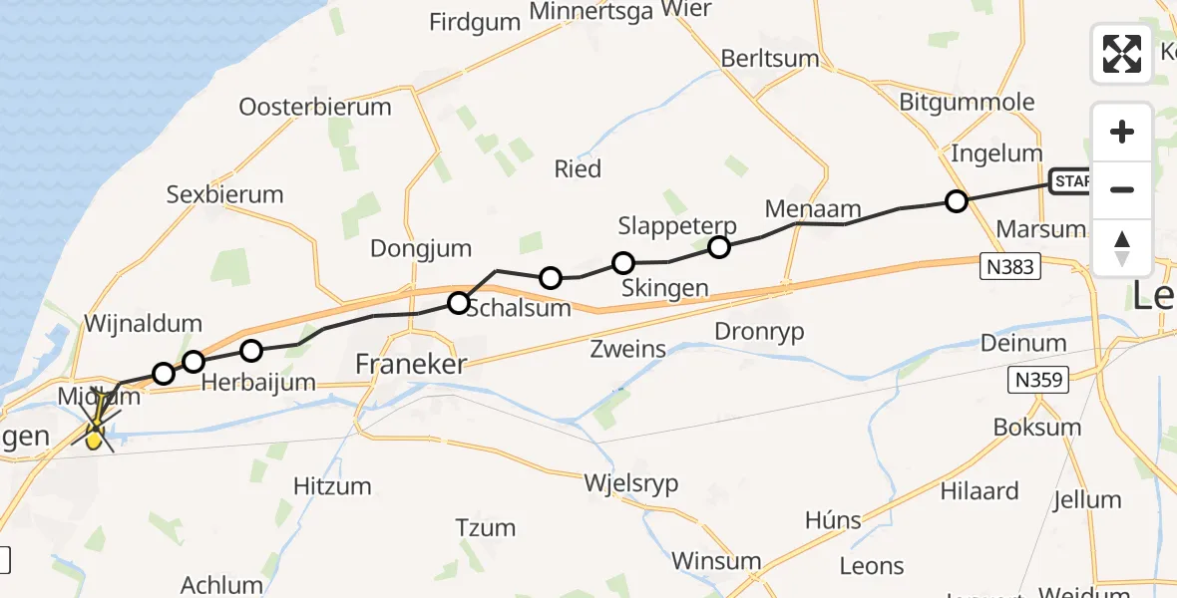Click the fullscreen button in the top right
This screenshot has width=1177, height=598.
[x=1122, y=54]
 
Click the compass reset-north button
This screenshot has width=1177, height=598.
[x=1122, y=248]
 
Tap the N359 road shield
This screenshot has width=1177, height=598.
[x=1038, y=380]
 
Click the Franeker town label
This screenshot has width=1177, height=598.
[x=411, y=366]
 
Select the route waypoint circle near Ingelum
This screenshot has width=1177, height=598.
[x=956, y=201]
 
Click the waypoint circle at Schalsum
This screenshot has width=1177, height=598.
[x=458, y=302]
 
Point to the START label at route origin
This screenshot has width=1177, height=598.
[x=1070, y=181]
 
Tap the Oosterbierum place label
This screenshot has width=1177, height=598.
[x=315, y=107]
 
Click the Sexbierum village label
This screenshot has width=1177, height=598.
[x=224, y=194]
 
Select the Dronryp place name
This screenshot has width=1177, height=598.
[x=760, y=331]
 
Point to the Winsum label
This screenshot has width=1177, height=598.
[x=716, y=560]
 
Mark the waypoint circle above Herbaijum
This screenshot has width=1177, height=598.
[x=251, y=350]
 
